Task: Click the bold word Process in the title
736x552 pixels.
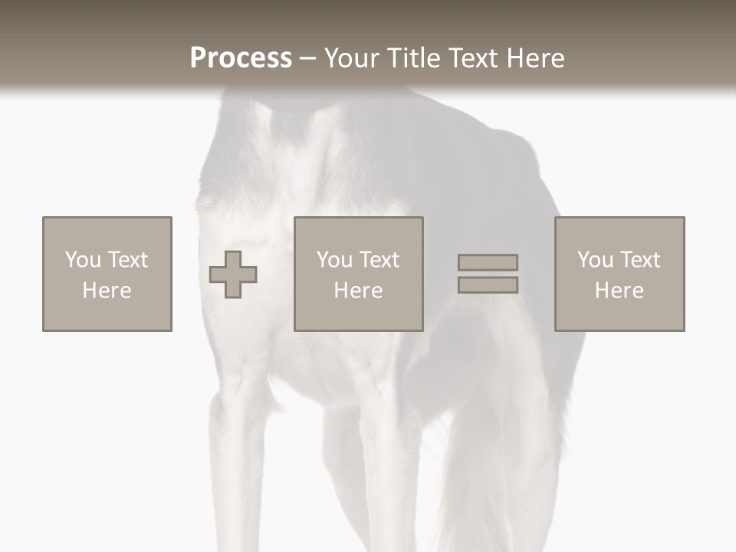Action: [x=241, y=58]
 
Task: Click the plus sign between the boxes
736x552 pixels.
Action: [x=233, y=274]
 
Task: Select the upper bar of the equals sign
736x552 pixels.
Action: [x=488, y=262]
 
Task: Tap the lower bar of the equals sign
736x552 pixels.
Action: [x=488, y=285]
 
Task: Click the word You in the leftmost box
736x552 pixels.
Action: [x=83, y=260]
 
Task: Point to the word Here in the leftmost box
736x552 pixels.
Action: [x=107, y=291]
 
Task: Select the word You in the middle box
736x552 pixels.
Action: [x=334, y=260]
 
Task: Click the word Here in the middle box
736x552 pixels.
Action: [x=359, y=291]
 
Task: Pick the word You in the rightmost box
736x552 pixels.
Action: [x=595, y=260]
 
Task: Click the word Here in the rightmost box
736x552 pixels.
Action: [x=619, y=291]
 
